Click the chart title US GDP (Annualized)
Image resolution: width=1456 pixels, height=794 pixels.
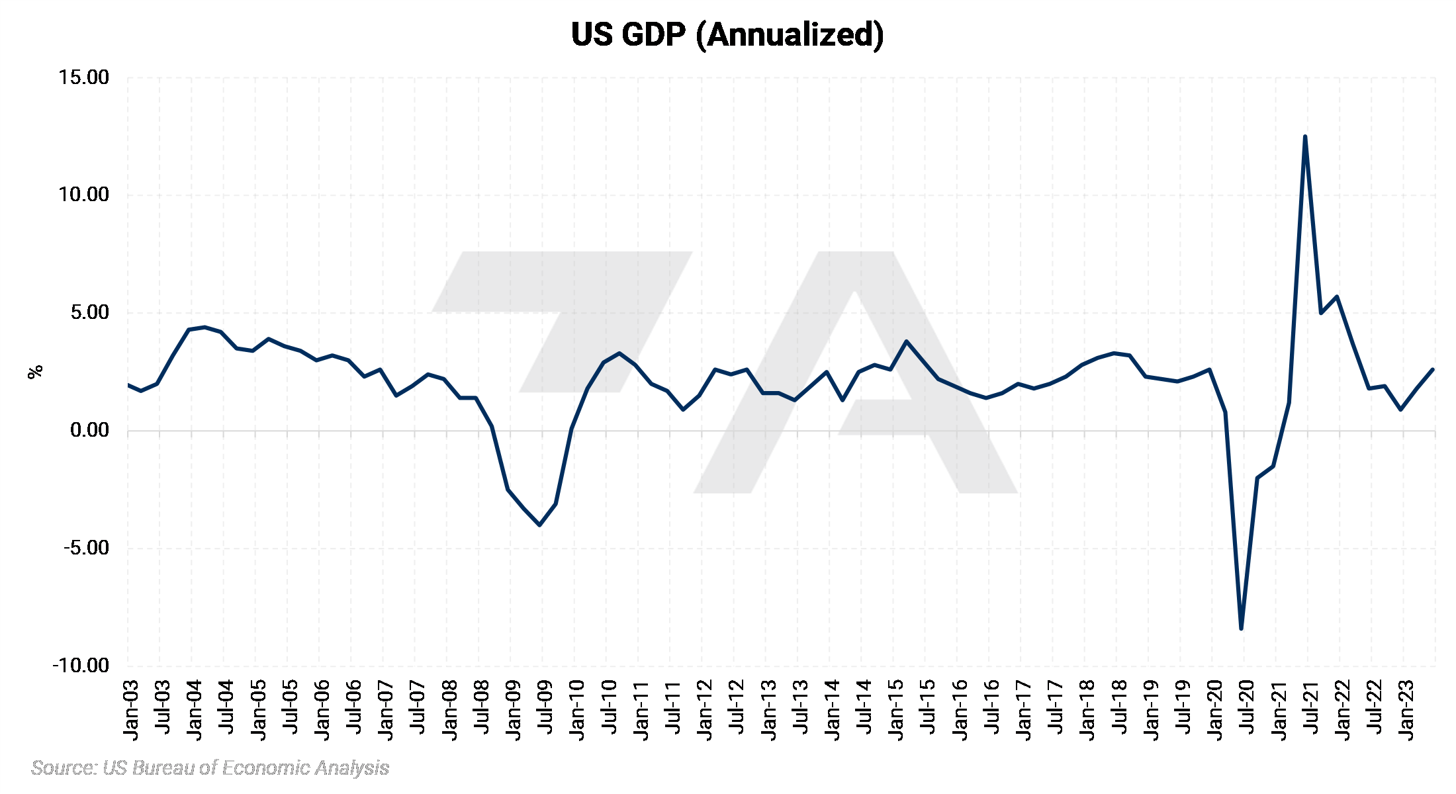click(x=727, y=34)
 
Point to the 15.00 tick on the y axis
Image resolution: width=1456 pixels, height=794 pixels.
click(x=83, y=77)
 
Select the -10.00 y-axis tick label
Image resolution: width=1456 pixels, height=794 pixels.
click(x=81, y=666)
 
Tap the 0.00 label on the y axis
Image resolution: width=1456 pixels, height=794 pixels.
click(x=89, y=431)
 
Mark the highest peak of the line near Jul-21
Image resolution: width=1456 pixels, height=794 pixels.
click(x=1304, y=137)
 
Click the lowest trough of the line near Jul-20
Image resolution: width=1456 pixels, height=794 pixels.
click(x=1241, y=628)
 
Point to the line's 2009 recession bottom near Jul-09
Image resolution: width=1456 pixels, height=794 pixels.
click(x=540, y=525)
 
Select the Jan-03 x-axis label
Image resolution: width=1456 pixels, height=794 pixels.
click(x=131, y=710)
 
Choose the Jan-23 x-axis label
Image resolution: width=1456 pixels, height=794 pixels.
click(x=1406, y=710)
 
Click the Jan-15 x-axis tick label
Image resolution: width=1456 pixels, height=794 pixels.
click(x=896, y=710)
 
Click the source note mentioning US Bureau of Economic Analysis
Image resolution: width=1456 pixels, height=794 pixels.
click(x=210, y=768)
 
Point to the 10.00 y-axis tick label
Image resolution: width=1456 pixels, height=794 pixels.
click(x=83, y=195)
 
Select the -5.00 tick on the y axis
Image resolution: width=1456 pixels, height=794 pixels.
click(x=86, y=548)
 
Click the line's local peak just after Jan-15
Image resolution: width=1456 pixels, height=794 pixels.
click(x=906, y=341)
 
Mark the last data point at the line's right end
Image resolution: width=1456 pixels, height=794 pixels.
click(x=1433, y=369)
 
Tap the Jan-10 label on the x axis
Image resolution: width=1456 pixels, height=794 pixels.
click(x=577, y=710)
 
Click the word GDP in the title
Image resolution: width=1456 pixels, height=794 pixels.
click(x=654, y=34)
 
